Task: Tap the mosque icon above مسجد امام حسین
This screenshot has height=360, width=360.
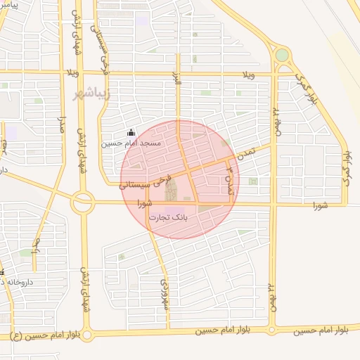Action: (131, 132)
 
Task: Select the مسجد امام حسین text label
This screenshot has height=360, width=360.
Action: (131, 143)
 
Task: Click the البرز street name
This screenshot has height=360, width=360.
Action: (179, 81)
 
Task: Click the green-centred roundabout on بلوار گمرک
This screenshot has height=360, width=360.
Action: (282, 55)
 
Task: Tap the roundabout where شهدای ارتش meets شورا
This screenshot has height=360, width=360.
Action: (83, 202)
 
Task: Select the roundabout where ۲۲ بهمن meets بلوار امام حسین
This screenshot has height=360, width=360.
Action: (271, 329)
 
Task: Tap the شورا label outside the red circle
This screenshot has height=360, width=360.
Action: (321, 205)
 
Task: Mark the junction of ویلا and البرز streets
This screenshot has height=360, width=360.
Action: (179, 72)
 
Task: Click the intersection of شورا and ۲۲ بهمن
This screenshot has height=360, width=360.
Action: (273, 205)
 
